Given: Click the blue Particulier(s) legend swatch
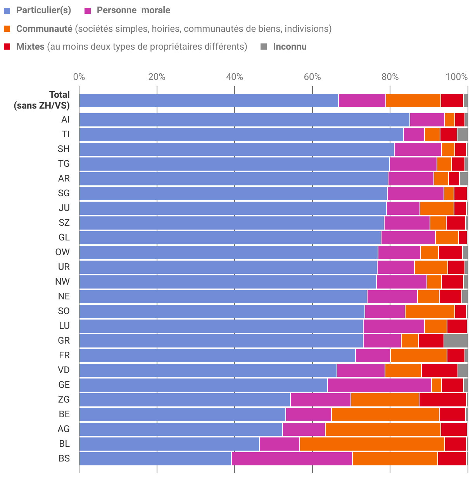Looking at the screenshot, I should (x=7, y=11).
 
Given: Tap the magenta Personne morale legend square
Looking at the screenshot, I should (x=88, y=11).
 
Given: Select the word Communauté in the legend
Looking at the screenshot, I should (x=44, y=29).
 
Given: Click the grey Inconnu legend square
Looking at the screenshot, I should (x=264, y=47).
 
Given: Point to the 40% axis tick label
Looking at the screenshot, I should (x=234, y=77).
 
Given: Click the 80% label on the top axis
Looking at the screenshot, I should (x=390, y=77).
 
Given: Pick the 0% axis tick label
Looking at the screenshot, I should (x=79, y=77).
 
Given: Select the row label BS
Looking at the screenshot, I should (x=64, y=458).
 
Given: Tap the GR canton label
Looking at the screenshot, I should (x=64, y=340).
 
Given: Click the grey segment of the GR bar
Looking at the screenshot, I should (x=456, y=340).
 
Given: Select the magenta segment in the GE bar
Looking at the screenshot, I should (x=379, y=385).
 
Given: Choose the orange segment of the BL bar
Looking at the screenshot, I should (x=372, y=444).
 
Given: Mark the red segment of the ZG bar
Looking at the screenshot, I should (x=442, y=399).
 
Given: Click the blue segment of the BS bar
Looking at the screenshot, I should (x=155, y=458).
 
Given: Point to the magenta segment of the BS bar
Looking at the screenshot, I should (x=292, y=458).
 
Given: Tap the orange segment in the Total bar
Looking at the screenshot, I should (x=413, y=100).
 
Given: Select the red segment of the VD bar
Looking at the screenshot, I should (x=439, y=370).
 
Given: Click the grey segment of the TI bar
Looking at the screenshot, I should (x=462, y=134).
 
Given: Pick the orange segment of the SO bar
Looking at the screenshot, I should (x=430, y=311).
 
